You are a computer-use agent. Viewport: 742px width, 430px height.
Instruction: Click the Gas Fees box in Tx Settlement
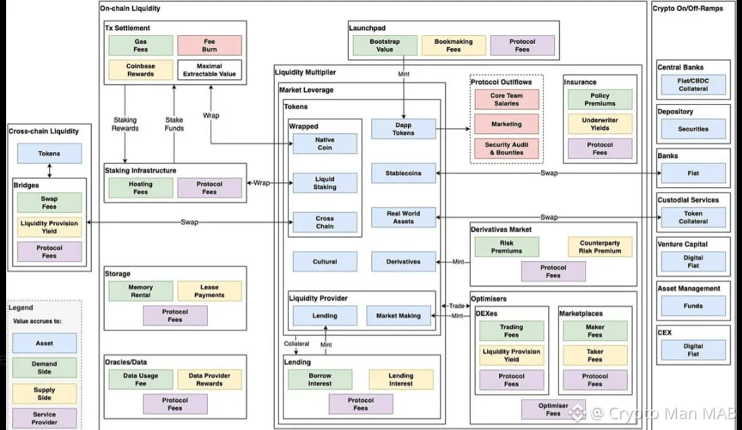pos(141,45)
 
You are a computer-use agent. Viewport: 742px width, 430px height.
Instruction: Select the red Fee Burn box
pos(210,45)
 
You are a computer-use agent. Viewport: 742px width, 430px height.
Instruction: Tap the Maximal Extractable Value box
pos(210,70)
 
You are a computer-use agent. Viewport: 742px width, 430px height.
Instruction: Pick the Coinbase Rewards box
pos(141,70)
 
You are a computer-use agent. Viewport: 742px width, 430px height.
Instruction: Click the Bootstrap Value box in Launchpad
pos(385,45)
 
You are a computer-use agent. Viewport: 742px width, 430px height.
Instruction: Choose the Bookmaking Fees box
pos(453,45)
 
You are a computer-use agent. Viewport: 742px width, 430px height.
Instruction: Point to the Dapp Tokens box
pos(403,129)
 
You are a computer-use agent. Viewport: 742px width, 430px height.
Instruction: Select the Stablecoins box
pos(403,173)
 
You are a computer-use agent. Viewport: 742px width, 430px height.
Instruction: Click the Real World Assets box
pos(403,217)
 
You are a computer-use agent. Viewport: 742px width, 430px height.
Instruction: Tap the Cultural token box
pos(325,262)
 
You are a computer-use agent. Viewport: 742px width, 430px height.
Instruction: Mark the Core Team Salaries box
pos(507,99)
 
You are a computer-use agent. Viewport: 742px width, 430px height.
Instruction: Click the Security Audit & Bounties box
pos(507,148)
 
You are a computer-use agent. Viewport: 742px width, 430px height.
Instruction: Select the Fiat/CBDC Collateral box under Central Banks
pos(693,85)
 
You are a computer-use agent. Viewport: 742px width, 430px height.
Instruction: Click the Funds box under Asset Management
pos(693,306)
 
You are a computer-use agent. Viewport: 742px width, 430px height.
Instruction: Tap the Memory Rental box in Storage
pos(141,291)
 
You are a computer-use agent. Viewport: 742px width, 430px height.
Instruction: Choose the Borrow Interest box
pos(320,379)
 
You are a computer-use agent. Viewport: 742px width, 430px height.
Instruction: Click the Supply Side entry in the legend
pos(45,393)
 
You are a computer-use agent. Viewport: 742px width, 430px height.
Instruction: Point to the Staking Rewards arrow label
pos(125,124)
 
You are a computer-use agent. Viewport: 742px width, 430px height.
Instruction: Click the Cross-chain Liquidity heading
pos(44,131)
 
